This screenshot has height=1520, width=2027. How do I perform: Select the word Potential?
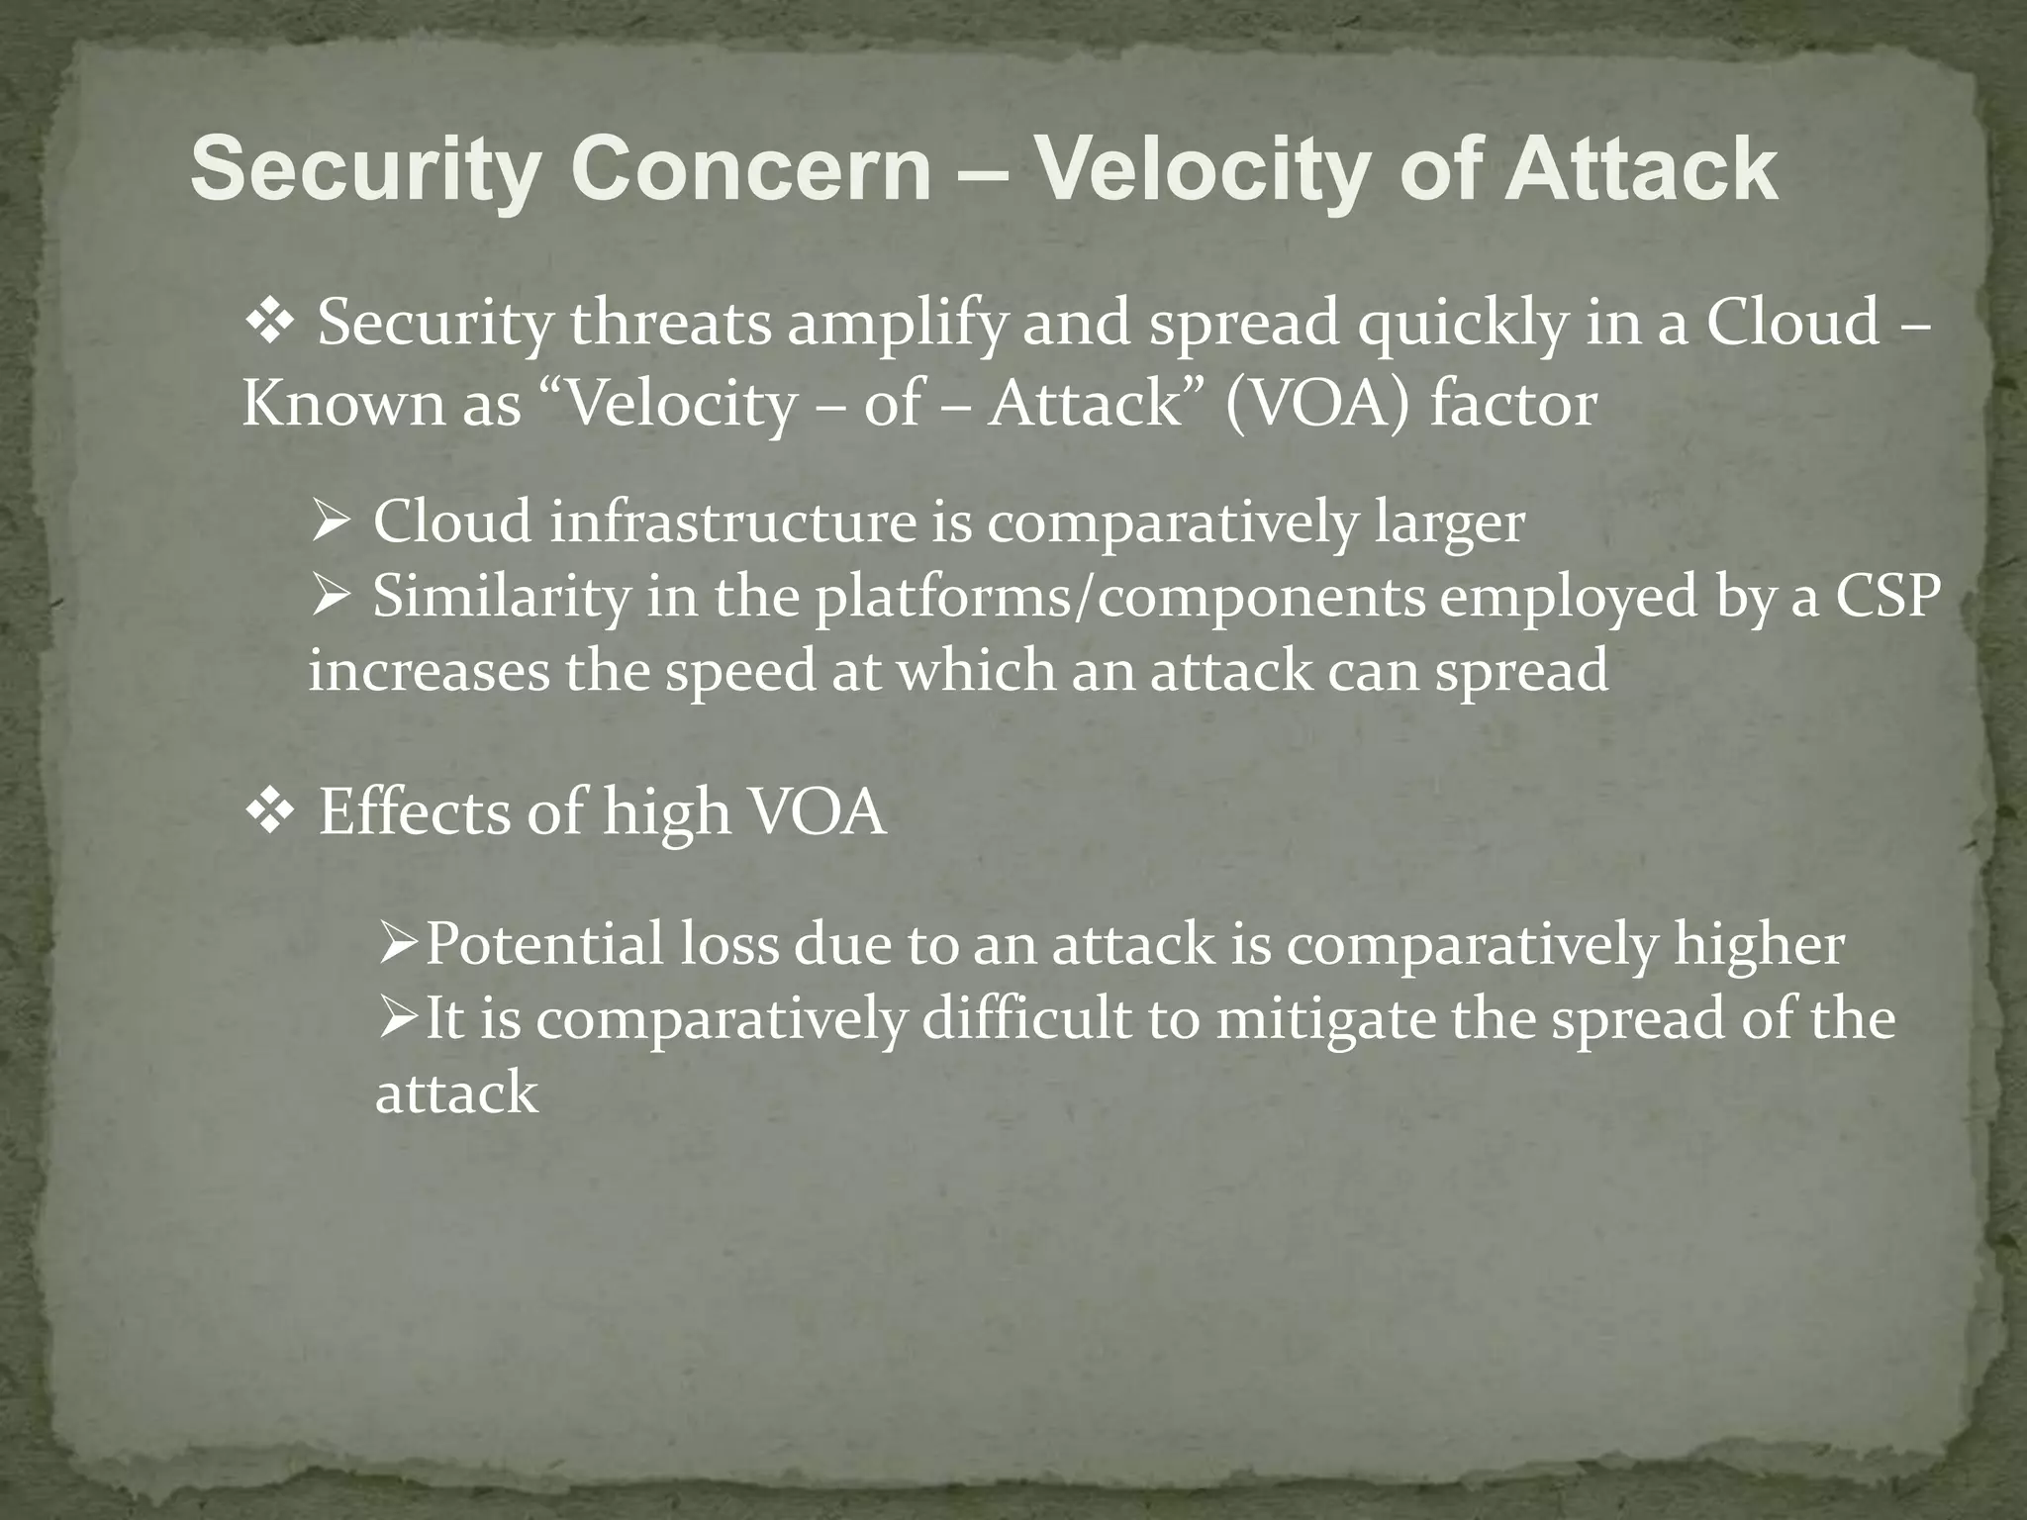click(544, 943)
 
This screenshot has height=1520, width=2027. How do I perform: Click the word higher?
click(1758, 944)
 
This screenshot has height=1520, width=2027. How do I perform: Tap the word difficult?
click(1025, 1019)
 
